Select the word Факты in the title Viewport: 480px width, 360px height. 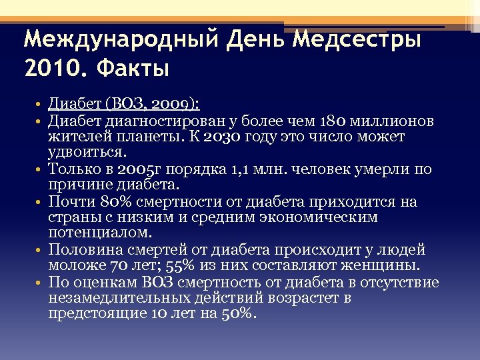pyautogui.click(x=133, y=67)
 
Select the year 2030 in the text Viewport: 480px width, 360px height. pyautogui.click(x=218, y=137)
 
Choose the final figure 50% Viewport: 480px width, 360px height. pyautogui.click(x=238, y=314)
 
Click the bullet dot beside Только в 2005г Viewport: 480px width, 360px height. pyautogui.click(x=41, y=170)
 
